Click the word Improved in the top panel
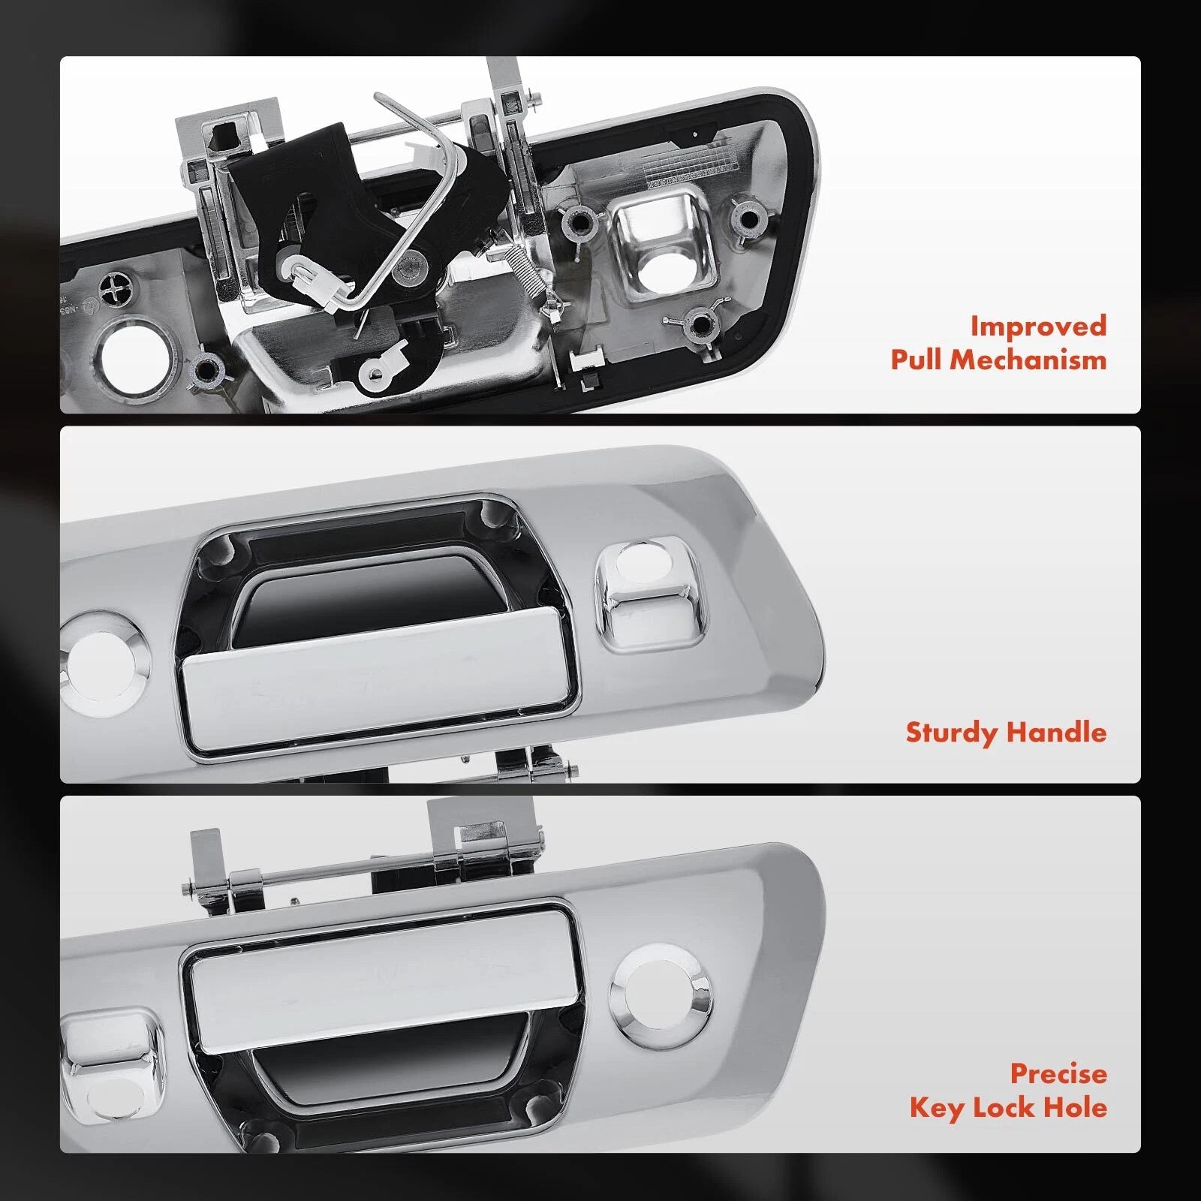click(1038, 327)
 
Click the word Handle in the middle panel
click(1057, 732)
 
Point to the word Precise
click(1058, 1073)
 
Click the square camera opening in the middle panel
click(650, 593)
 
